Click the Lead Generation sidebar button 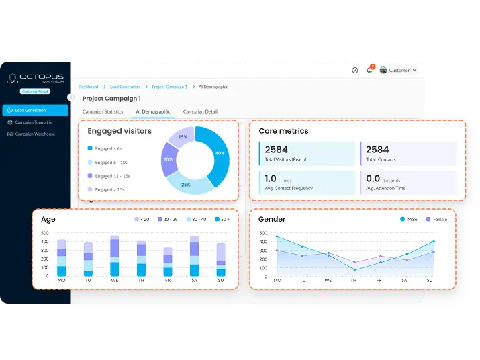(35, 110)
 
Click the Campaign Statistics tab (103, 111)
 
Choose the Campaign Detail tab (200, 111)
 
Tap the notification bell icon (369, 70)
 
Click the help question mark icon (355, 70)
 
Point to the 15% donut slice (183, 137)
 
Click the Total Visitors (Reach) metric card (307, 154)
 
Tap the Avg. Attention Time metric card (408, 182)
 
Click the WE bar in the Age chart (114, 257)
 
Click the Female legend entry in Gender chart (436, 220)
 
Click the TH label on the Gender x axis (354, 280)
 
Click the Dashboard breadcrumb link (88, 87)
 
